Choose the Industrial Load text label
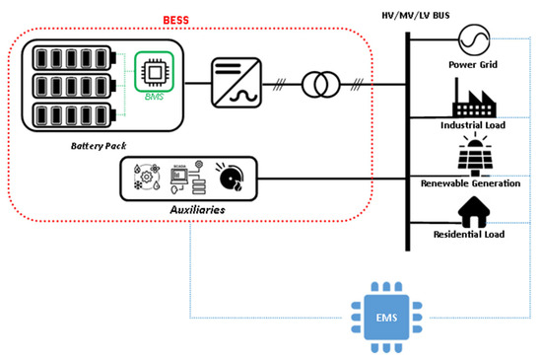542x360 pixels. pos(472,125)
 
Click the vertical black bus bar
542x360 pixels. pos(406,138)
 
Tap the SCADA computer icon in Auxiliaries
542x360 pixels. pos(183,179)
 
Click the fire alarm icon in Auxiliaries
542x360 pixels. pos(233,179)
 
